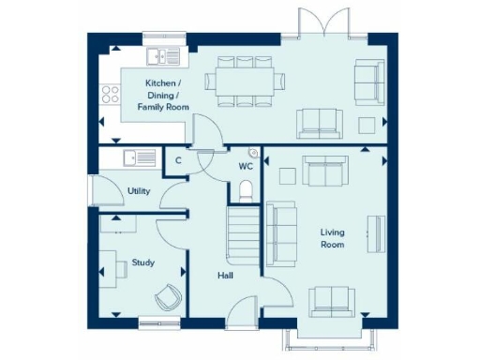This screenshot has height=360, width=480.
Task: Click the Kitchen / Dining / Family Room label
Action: [x=163, y=96]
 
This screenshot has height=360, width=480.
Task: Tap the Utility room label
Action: [x=140, y=191]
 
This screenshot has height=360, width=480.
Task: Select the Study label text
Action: [x=142, y=263]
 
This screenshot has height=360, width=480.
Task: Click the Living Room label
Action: [x=332, y=238]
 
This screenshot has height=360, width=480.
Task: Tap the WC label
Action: [x=246, y=167]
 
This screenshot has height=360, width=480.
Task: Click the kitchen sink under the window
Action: [x=166, y=56]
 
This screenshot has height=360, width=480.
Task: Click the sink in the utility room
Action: [x=138, y=158]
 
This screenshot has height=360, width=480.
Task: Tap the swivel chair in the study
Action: [x=168, y=295]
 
